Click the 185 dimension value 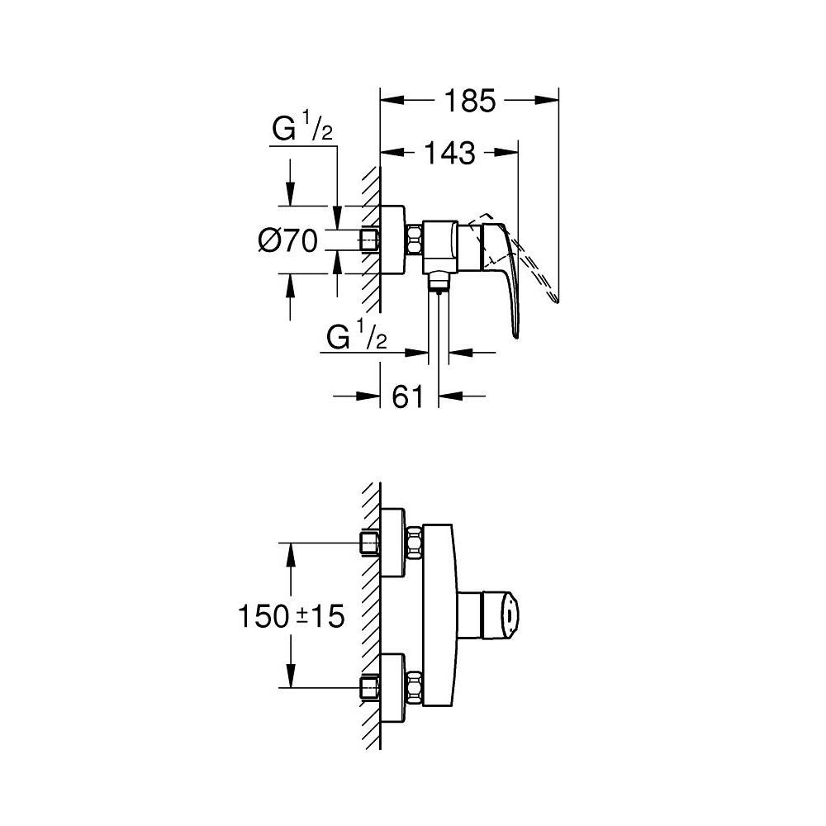(469, 101)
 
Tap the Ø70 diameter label (288, 240)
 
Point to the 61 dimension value (407, 396)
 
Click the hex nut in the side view (413, 240)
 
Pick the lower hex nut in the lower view (413, 686)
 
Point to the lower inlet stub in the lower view (369, 686)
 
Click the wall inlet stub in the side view (369, 240)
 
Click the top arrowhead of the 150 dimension (290, 553)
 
